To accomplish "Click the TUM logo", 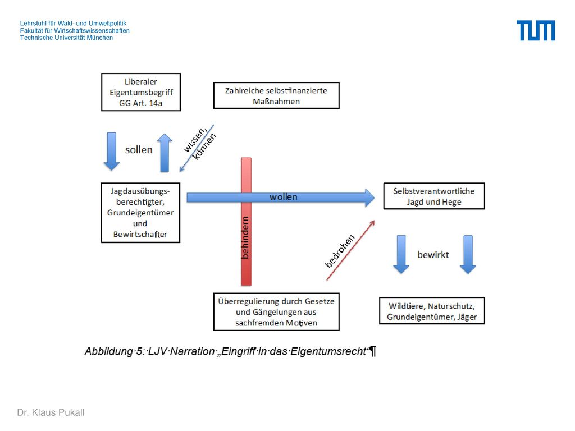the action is (536, 30).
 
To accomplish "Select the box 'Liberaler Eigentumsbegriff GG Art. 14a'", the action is (141, 92).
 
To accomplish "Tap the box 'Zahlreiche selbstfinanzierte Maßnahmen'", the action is (276, 95).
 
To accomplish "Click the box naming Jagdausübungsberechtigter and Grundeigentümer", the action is (140, 213).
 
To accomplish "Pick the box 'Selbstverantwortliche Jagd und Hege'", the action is (434, 196).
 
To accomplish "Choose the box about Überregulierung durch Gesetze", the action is (276, 312).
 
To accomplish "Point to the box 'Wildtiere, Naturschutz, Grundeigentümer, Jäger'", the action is (432, 311).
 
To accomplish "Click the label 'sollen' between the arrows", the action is (139, 150).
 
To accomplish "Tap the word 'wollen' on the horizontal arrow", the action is (284, 197).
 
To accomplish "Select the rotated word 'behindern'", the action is (245, 237).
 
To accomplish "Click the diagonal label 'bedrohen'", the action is (340, 251).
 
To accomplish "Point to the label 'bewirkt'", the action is (433, 255).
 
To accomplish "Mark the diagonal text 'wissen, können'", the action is (199, 143).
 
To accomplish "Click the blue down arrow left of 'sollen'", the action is (112, 152).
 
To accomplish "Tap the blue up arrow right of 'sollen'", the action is (165, 153).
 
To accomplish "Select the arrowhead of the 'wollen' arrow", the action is (370, 198).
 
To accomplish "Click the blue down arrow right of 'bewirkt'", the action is (468, 255).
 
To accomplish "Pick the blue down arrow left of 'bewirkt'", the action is (401, 255).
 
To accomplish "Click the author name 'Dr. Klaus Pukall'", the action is (51, 412).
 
